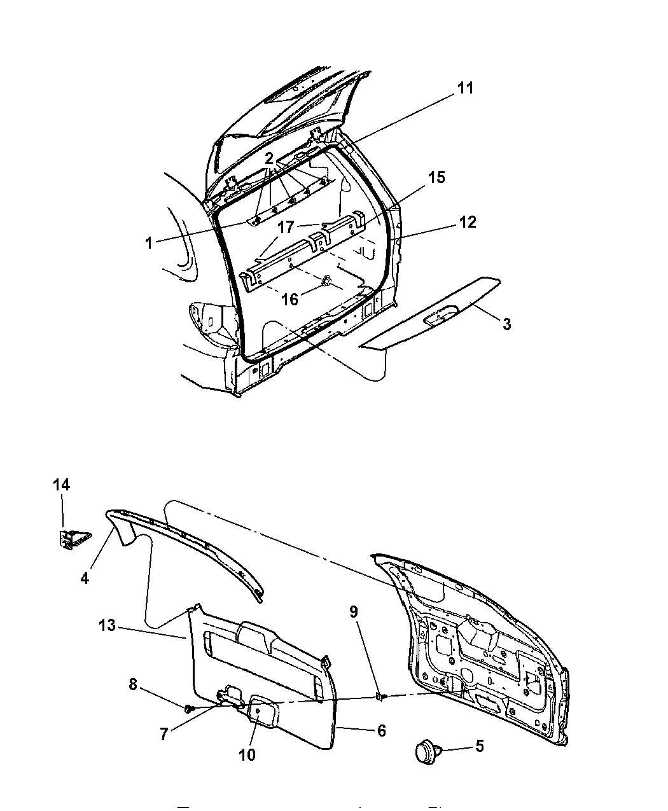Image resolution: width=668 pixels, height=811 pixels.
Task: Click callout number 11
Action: point(465,88)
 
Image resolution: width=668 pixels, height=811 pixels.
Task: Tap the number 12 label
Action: point(468,222)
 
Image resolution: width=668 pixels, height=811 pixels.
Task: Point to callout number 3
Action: point(507,324)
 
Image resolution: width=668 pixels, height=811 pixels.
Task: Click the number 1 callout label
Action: point(148,244)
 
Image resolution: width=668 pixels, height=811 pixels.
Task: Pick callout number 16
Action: point(289,300)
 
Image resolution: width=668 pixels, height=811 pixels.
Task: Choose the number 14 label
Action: point(62,485)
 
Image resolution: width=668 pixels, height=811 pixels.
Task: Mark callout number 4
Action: point(85,578)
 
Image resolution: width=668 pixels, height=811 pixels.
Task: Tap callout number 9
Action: point(354,612)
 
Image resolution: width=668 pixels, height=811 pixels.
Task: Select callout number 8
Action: point(133,685)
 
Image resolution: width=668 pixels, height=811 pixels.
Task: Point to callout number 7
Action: point(164,733)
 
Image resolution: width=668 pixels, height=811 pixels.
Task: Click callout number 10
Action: point(247,754)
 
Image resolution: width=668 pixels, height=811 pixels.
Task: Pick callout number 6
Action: point(382,731)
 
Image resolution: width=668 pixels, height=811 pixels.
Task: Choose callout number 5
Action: point(480,746)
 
